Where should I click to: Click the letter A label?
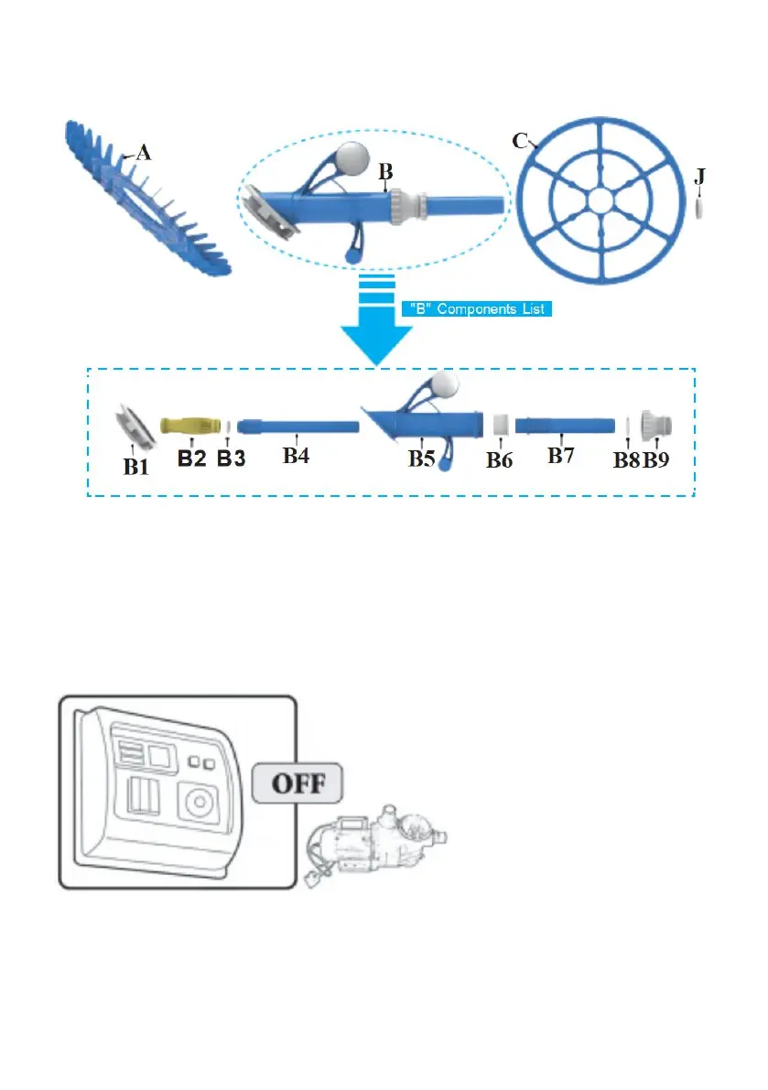point(143,155)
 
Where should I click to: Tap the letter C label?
point(519,140)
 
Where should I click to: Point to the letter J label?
point(699,177)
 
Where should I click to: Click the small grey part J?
point(700,210)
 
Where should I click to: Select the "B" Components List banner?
point(476,309)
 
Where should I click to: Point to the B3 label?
point(230,459)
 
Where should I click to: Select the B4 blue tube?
point(297,426)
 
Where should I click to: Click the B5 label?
point(422,459)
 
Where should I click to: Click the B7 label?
point(562,456)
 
